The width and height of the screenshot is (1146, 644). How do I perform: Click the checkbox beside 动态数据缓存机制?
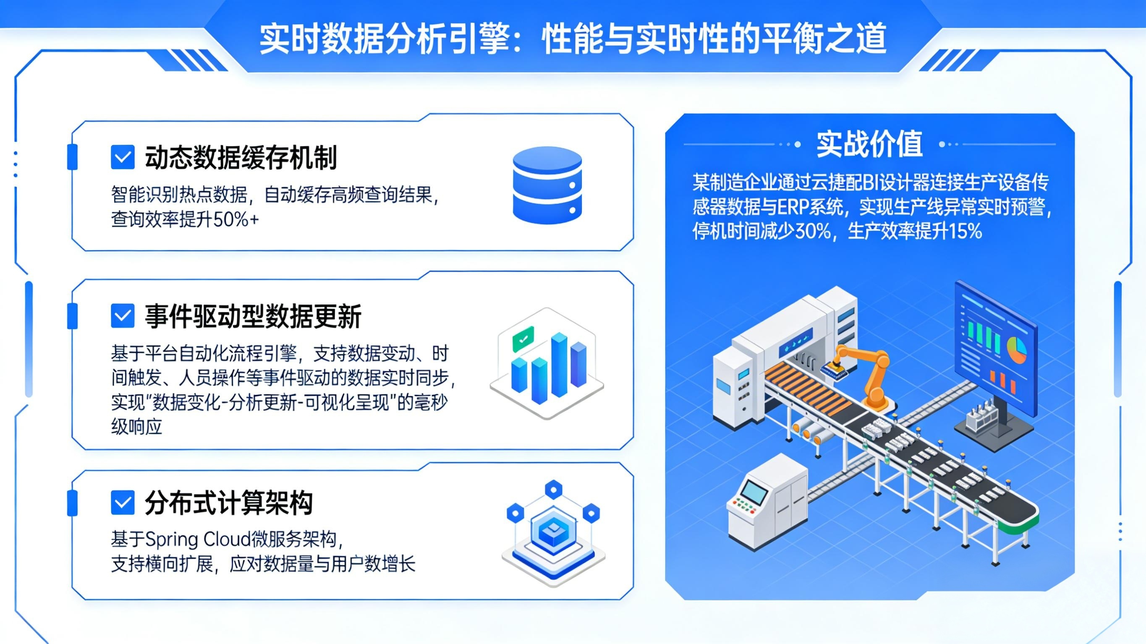pyautogui.click(x=122, y=157)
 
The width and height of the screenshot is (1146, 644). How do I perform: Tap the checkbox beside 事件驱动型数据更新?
pyautogui.click(x=122, y=316)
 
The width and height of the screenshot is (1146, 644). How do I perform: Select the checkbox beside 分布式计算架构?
pyautogui.click(x=122, y=503)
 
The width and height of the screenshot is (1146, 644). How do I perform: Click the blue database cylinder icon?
pyautogui.click(x=547, y=185)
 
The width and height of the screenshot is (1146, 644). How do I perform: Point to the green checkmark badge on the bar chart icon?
pyautogui.click(x=523, y=339)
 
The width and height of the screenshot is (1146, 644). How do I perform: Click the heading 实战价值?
pyautogui.click(x=869, y=144)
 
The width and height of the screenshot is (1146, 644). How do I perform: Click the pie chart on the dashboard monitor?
pyautogui.click(x=1016, y=349)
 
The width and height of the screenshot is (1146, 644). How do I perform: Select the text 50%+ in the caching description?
pyautogui.click(x=236, y=220)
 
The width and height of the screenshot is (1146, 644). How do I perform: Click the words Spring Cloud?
pyautogui.click(x=196, y=540)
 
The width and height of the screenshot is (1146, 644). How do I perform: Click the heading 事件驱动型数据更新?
pyautogui.click(x=253, y=317)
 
